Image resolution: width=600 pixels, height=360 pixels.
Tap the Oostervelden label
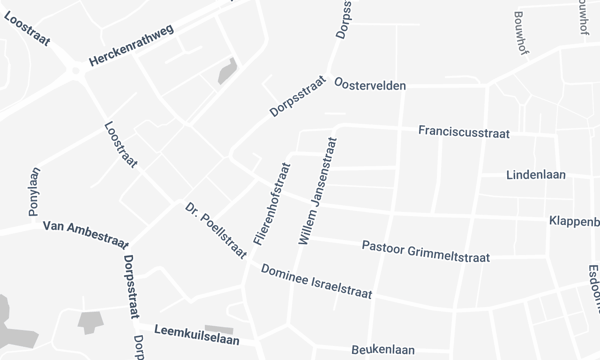pyautogui.click(x=370, y=86)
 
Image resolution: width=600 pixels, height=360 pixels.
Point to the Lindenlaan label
pyautogui.click(x=536, y=174)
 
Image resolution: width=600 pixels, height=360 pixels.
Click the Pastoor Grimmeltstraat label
pyautogui.click(x=425, y=251)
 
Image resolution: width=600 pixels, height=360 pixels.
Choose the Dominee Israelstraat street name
pyautogui.click(x=316, y=283)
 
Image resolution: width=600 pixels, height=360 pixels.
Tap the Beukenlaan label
pyautogui.click(x=383, y=350)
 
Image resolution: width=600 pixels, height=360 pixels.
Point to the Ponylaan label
pyautogui.click(x=33, y=191)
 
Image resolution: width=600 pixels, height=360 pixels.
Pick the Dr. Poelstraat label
pyautogui.click(x=216, y=230)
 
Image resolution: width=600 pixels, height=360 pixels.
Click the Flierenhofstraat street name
pyautogui.click(x=270, y=202)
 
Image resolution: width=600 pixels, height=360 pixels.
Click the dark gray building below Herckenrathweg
pyautogui.click(x=228, y=72)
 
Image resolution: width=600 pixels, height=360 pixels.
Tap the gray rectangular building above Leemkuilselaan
pyautogui.click(x=218, y=329)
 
